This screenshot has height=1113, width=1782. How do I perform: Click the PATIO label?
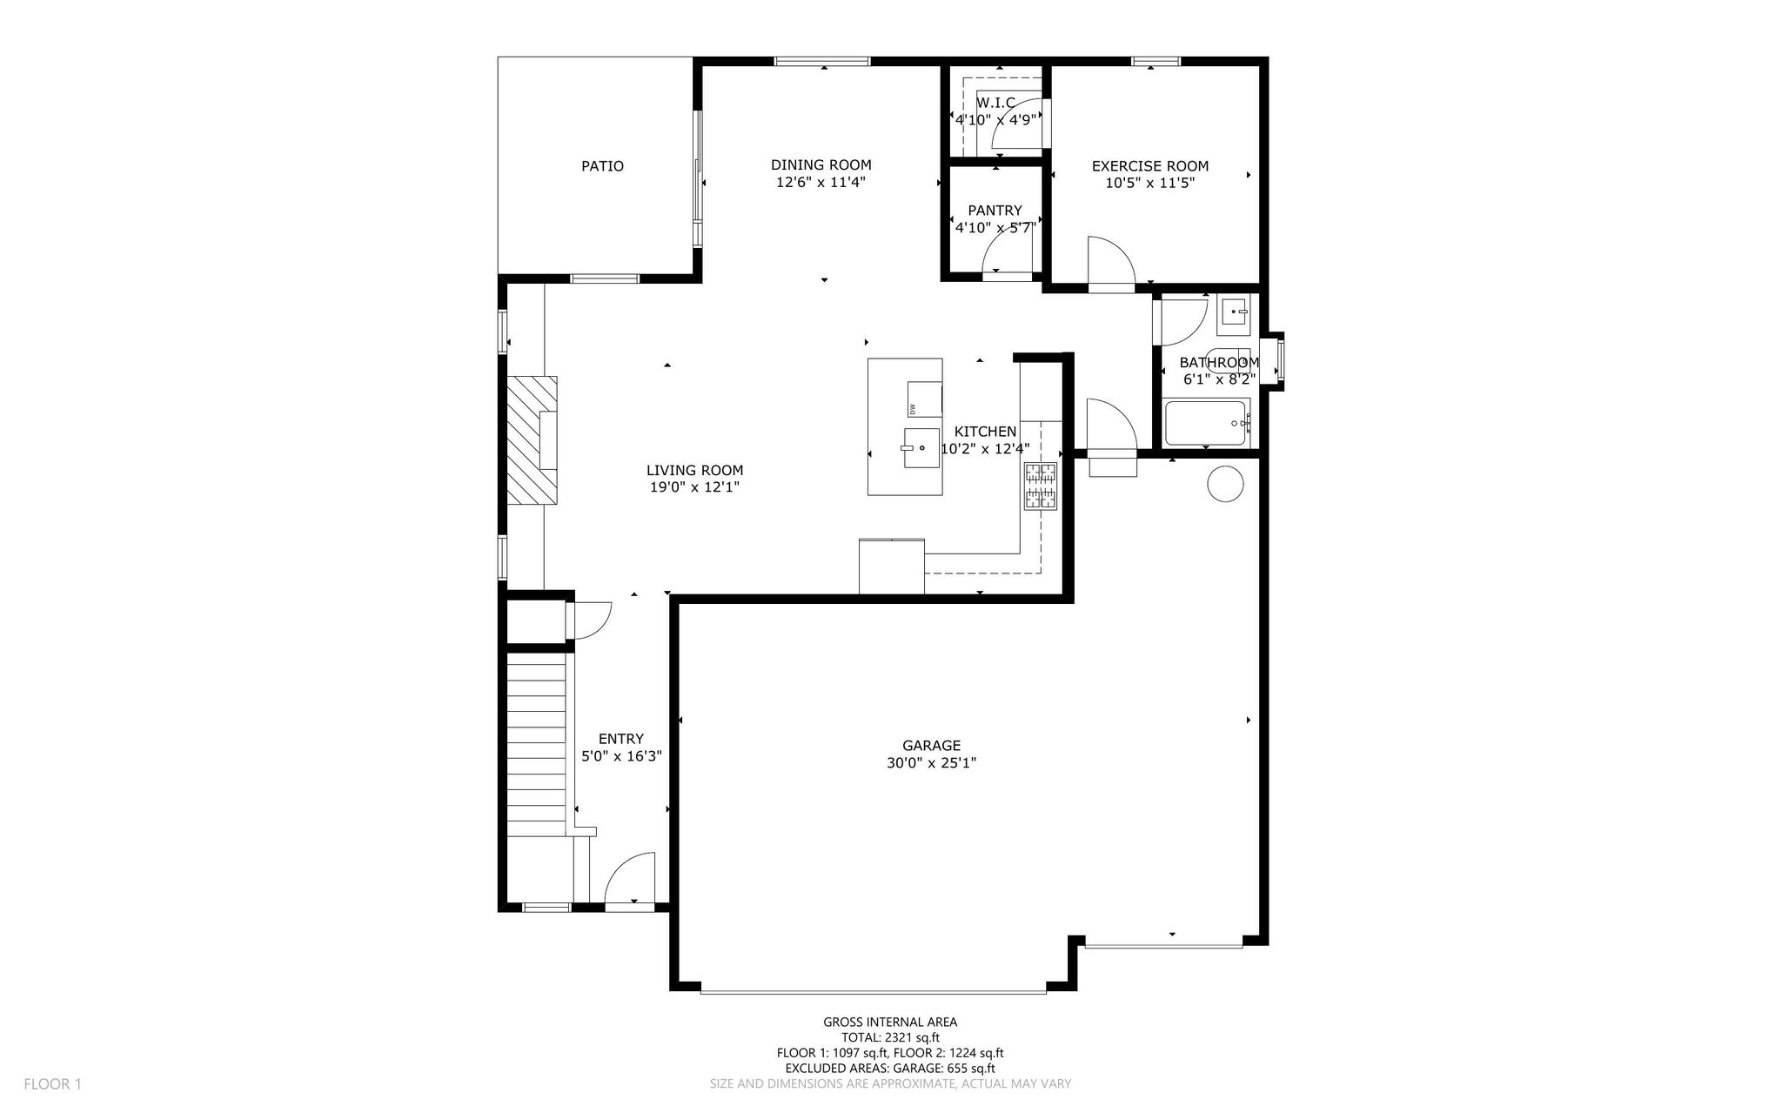(602, 166)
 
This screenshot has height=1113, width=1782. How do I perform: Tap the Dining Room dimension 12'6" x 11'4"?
(821, 183)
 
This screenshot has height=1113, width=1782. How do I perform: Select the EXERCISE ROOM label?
(1150, 166)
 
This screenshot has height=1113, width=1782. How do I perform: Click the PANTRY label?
(995, 211)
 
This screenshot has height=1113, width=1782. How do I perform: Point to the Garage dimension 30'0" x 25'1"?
(931, 763)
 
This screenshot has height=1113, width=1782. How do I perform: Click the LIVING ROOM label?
(694, 471)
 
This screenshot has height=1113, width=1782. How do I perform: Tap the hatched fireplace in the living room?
(533, 439)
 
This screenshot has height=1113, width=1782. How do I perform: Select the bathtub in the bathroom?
(1207, 423)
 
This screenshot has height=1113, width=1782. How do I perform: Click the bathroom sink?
(1233, 312)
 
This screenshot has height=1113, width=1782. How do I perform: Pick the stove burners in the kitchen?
(1041, 486)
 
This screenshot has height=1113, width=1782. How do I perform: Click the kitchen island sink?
(921, 448)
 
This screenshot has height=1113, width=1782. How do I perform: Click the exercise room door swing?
(1111, 258)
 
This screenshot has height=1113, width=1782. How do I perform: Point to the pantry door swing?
(1007, 255)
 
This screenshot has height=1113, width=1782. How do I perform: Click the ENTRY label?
(621, 739)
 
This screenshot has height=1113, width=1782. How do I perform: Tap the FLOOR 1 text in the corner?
(52, 1084)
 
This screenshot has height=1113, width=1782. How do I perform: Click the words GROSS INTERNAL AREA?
(890, 1022)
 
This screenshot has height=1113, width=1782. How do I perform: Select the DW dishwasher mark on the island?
(913, 409)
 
